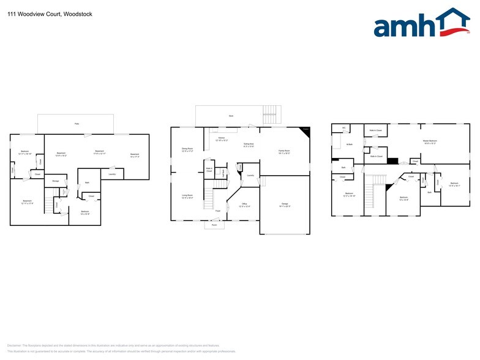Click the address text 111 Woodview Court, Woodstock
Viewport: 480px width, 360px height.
(x=50, y=13)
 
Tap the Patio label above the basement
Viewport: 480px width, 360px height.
(x=77, y=124)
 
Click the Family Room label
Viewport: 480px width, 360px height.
(x=284, y=151)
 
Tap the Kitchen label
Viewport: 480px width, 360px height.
(x=222, y=138)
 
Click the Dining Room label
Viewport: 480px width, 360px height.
(x=187, y=149)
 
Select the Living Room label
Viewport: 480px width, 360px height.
(x=187, y=196)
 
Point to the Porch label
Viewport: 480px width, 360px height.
(x=214, y=224)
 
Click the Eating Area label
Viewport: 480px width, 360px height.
(x=249, y=144)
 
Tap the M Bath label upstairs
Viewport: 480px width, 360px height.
(x=348, y=144)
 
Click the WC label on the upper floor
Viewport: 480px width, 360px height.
(x=344, y=128)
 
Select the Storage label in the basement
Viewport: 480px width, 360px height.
(x=55, y=181)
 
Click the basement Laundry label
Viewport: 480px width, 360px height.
(x=112, y=174)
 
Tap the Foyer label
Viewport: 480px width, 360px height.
(x=217, y=211)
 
